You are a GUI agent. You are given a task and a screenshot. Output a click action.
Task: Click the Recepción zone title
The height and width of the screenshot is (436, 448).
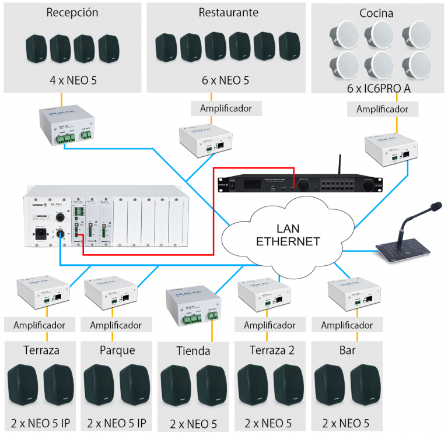click(x=72, y=13)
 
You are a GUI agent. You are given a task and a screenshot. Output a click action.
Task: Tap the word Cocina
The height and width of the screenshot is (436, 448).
click(x=377, y=13)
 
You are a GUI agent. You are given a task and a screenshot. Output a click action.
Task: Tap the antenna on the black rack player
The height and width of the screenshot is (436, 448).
click(x=338, y=166)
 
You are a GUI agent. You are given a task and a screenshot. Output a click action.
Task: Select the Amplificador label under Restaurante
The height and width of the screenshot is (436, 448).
click(x=226, y=108)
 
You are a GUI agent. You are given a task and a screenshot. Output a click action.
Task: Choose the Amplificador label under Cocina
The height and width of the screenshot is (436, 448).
click(x=383, y=108)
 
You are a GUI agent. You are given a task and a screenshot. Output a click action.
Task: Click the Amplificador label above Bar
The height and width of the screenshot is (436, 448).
click(x=347, y=325)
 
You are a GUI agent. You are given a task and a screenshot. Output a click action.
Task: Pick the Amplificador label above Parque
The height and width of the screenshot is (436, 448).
click(x=116, y=325)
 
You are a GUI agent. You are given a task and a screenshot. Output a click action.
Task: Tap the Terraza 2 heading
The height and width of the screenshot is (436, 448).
click(x=270, y=350)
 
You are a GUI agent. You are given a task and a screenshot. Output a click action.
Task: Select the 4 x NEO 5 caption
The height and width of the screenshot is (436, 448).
click(x=72, y=80)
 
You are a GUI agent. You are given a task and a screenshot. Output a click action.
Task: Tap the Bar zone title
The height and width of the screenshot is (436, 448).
click(x=347, y=350)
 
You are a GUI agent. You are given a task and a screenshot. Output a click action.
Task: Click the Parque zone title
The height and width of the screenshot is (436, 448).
click(x=117, y=350)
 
